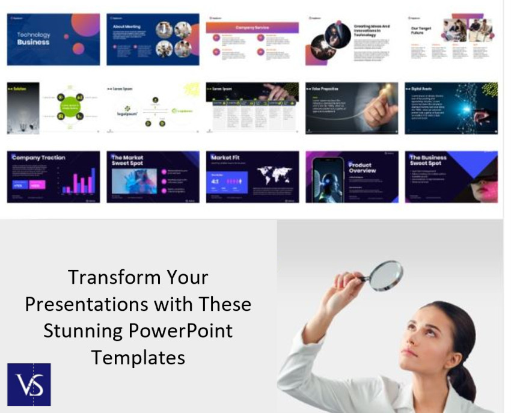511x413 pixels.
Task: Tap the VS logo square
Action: [x=29, y=384]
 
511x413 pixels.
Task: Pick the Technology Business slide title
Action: [x=34, y=38]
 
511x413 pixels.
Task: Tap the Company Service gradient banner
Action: [x=252, y=27]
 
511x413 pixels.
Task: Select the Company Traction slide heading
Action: [x=38, y=158]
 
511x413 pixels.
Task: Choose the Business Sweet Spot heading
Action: [x=428, y=161]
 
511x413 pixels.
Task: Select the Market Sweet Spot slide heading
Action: [x=128, y=161]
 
